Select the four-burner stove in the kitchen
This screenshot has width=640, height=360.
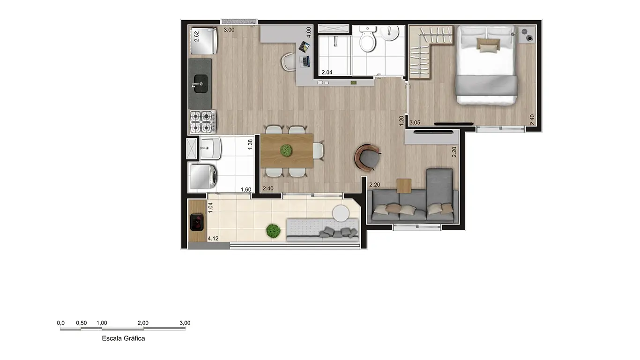(202, 122)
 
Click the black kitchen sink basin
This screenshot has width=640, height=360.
(201, 84)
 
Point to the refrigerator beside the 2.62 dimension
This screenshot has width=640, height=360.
(204, 41)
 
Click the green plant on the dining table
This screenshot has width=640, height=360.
(286, 150)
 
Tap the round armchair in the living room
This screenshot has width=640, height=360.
(368, 158)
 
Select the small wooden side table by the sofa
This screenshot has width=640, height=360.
(404, 186)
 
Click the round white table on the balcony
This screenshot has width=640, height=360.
(341, 213)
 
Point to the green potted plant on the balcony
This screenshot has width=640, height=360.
(273, 231)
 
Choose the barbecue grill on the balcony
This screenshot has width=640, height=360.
(197, 222)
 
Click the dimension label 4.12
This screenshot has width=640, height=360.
(213, 238)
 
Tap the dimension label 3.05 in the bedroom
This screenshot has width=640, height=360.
(415, 122)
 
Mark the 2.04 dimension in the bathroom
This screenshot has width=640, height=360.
(327, 72)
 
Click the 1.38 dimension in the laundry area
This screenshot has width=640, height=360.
(250, 144)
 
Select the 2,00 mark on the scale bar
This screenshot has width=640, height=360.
(143, 323)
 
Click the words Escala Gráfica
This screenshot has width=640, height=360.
(123, 338)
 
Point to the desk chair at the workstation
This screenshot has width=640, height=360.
(289, 61)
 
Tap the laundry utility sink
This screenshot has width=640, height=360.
(210, 149)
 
